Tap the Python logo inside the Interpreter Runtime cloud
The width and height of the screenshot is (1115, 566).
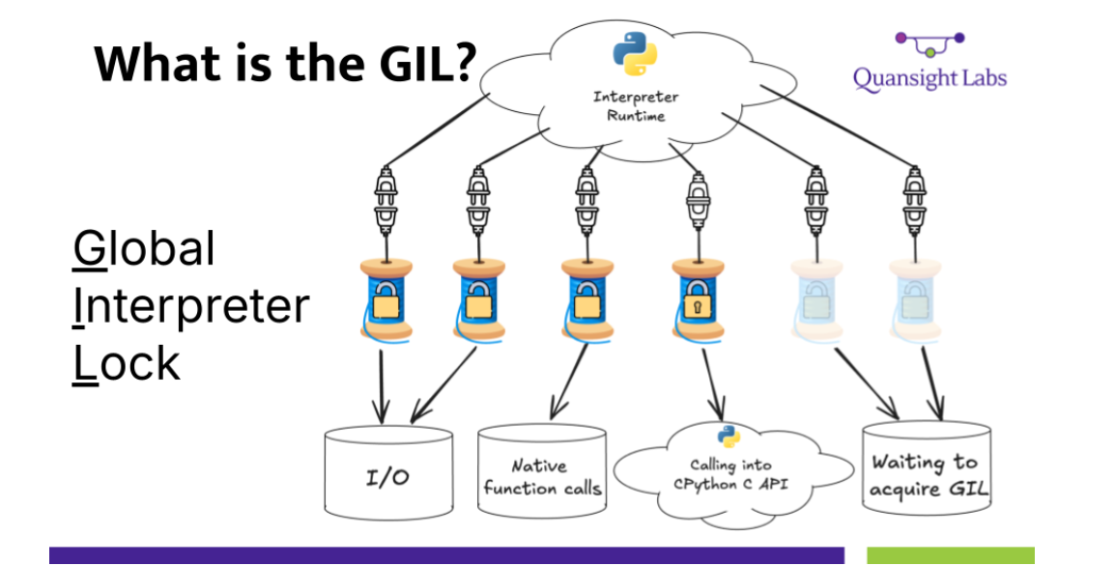click(635, 52)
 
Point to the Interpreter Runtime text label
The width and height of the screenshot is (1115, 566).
click(635, 105)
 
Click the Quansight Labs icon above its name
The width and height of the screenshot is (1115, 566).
click(929, 42)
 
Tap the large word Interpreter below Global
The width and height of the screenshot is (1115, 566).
click(191, 306)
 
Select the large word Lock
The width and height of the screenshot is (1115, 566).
click(127, 363)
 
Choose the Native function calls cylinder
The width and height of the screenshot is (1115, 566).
click(541, 476)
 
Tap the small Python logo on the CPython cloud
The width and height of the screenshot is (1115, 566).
click(728, 436)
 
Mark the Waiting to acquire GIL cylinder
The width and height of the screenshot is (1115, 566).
click(926, 473)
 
